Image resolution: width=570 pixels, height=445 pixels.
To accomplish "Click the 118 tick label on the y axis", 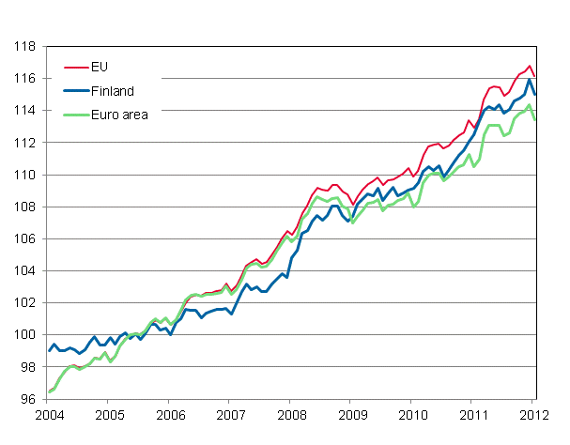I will coord(25,46).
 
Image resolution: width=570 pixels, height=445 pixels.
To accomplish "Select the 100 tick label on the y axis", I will coord(25,335).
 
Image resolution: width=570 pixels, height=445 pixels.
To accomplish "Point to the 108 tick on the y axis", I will coord(25,207).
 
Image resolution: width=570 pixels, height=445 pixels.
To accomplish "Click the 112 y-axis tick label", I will coord(25,143).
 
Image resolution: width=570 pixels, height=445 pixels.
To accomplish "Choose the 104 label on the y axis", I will coord(25,271).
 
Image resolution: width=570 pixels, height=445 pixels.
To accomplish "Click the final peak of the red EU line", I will coord(530,66).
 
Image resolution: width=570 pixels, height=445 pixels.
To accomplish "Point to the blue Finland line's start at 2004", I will coord(49,350).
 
